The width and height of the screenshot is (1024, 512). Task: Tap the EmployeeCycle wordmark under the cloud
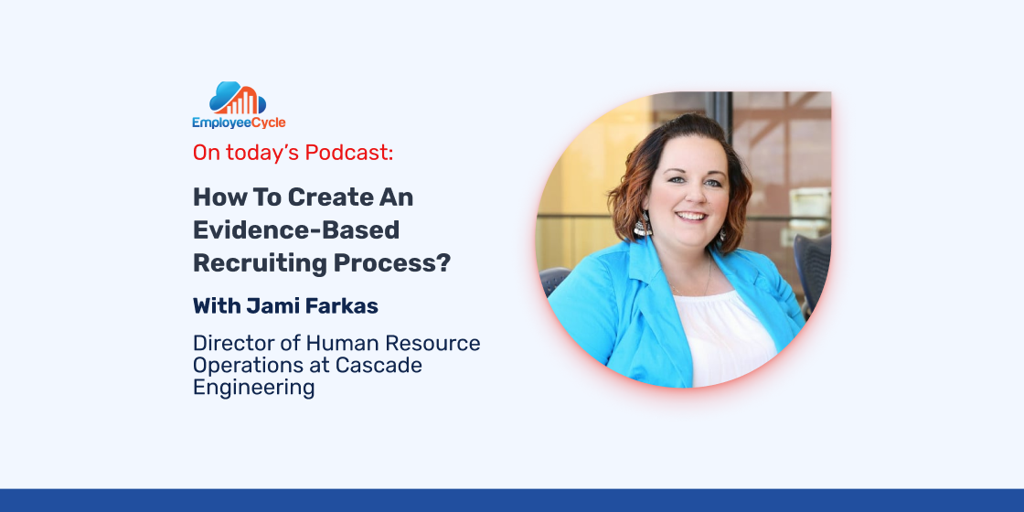[239, 123]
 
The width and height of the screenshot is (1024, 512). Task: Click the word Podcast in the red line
[348, 152]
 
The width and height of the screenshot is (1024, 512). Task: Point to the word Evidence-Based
[296, 229]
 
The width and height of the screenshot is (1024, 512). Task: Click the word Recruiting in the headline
[260, 262]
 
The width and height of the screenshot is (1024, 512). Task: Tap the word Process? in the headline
[392, 262]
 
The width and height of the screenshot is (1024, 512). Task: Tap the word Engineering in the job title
[253, 388]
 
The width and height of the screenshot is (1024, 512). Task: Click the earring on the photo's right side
[723, 234]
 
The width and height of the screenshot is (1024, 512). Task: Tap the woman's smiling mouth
[691, 216]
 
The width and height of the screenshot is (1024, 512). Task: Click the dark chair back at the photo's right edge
[812, 269]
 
